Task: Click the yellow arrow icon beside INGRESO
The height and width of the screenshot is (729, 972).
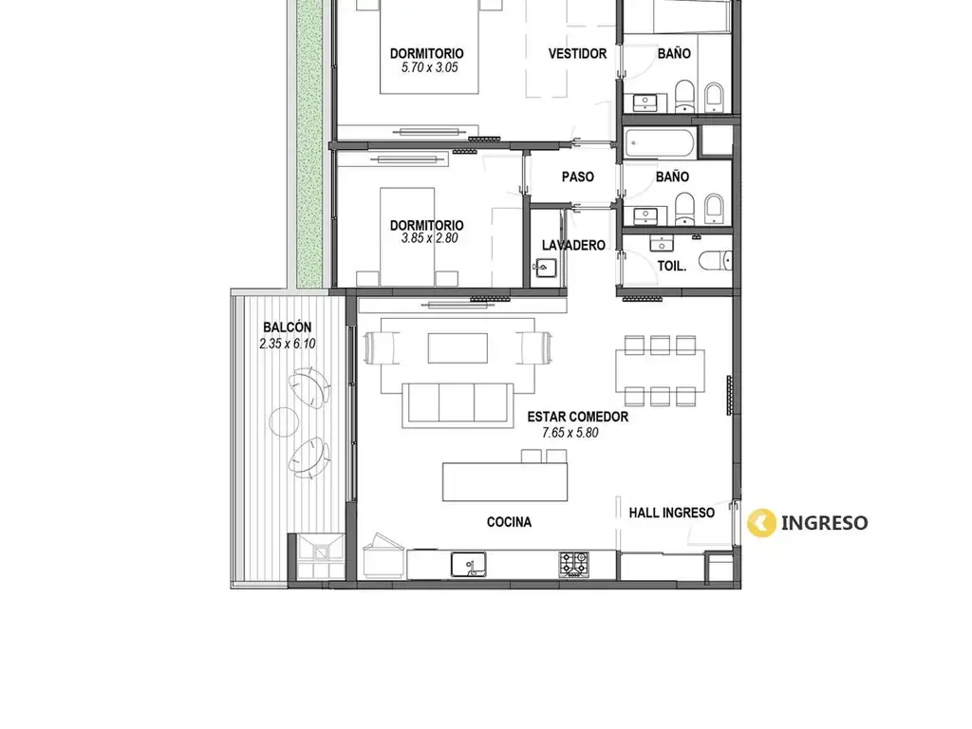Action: click(761, 523)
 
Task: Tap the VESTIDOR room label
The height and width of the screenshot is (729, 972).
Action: click(577, 54)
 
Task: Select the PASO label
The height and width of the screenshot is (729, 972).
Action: click(578, 177)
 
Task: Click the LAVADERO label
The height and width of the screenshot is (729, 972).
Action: click(573, 245)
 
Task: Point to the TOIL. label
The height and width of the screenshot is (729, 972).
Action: click(671, 266)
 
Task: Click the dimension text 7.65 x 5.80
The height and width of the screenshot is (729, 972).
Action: click(570, 433)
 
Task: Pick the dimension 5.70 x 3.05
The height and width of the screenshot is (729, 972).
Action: click(430, 67)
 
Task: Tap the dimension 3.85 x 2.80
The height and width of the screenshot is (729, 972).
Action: click(430, 238)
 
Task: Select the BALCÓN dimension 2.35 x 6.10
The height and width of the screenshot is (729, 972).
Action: click(288, 344)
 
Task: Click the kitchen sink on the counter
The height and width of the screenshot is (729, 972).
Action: click(468, 564)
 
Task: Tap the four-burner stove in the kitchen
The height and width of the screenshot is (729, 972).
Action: click(574, 564)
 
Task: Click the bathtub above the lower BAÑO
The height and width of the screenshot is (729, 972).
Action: click(660, 143)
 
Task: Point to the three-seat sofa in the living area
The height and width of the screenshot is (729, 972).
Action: click(458, 404)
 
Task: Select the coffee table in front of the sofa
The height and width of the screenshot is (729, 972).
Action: click(458, 347)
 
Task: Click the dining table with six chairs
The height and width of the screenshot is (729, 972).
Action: click(660, 371)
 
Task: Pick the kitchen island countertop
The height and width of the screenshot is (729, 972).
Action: click(505, 481)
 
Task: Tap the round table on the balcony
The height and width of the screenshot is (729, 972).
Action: click(285, 421)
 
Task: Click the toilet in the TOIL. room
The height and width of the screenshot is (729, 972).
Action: click(716, 261)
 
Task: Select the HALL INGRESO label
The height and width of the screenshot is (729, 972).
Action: click(671, 513)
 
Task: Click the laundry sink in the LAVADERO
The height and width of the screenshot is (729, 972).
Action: click(545, 269)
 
